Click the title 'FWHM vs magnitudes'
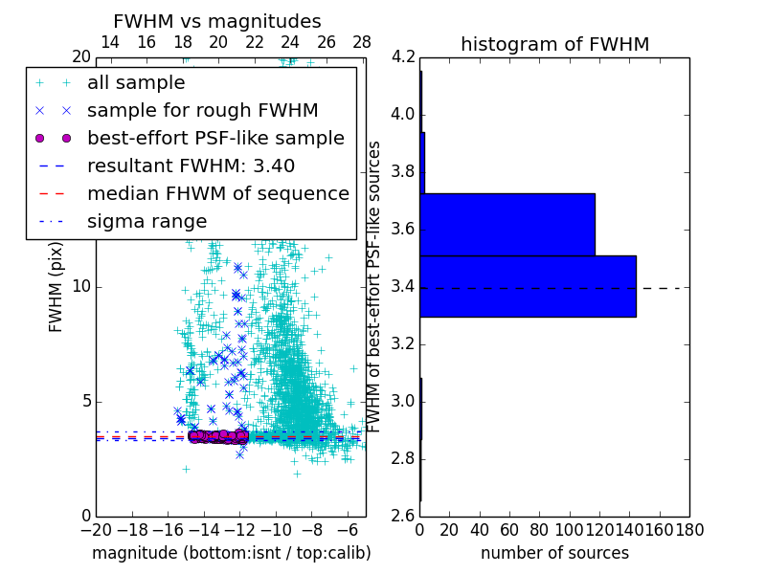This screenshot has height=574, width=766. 217,21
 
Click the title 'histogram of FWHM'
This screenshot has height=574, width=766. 554,44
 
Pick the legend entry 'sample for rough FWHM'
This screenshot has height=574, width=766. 202,111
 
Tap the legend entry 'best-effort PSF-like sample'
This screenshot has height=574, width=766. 215,139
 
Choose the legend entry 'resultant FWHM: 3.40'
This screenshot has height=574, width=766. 191,166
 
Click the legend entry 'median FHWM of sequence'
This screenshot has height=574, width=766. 217,194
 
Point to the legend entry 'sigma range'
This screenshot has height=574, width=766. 146,222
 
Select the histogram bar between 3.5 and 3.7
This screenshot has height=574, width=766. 507,225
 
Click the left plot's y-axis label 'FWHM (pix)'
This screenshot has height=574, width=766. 56,286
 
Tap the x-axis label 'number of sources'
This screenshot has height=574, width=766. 554,554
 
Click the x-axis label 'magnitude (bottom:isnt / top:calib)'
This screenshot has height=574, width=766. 231,554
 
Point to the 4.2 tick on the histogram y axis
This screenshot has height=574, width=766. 403,57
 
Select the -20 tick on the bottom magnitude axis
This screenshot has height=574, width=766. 96,530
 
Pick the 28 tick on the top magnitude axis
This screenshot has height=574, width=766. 362,42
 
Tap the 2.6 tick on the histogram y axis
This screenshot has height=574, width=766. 403,516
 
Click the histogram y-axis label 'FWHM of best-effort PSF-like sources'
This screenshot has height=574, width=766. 375,286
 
